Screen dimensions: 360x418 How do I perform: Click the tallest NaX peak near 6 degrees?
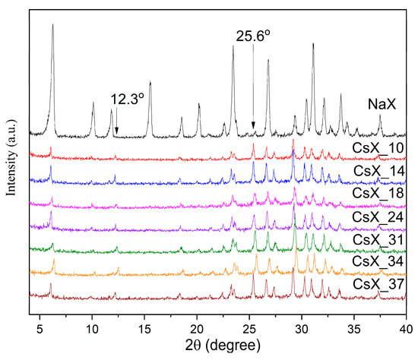pyautogui.click(x=52, y=26)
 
